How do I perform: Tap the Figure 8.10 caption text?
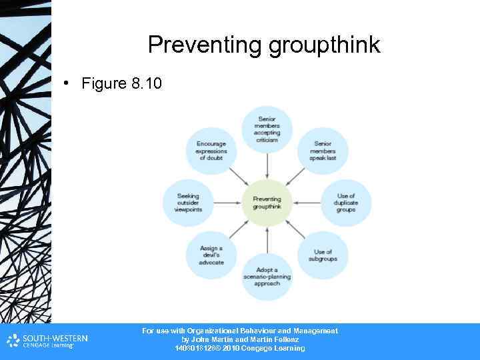121,83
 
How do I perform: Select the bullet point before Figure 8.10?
67,83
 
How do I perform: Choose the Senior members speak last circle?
323,151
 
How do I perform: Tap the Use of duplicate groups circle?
346,203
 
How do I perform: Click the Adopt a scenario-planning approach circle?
267,277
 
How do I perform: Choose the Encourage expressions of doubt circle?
211,151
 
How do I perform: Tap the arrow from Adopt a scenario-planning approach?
267,239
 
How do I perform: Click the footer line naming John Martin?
239,339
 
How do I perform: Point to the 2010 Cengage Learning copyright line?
239,348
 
